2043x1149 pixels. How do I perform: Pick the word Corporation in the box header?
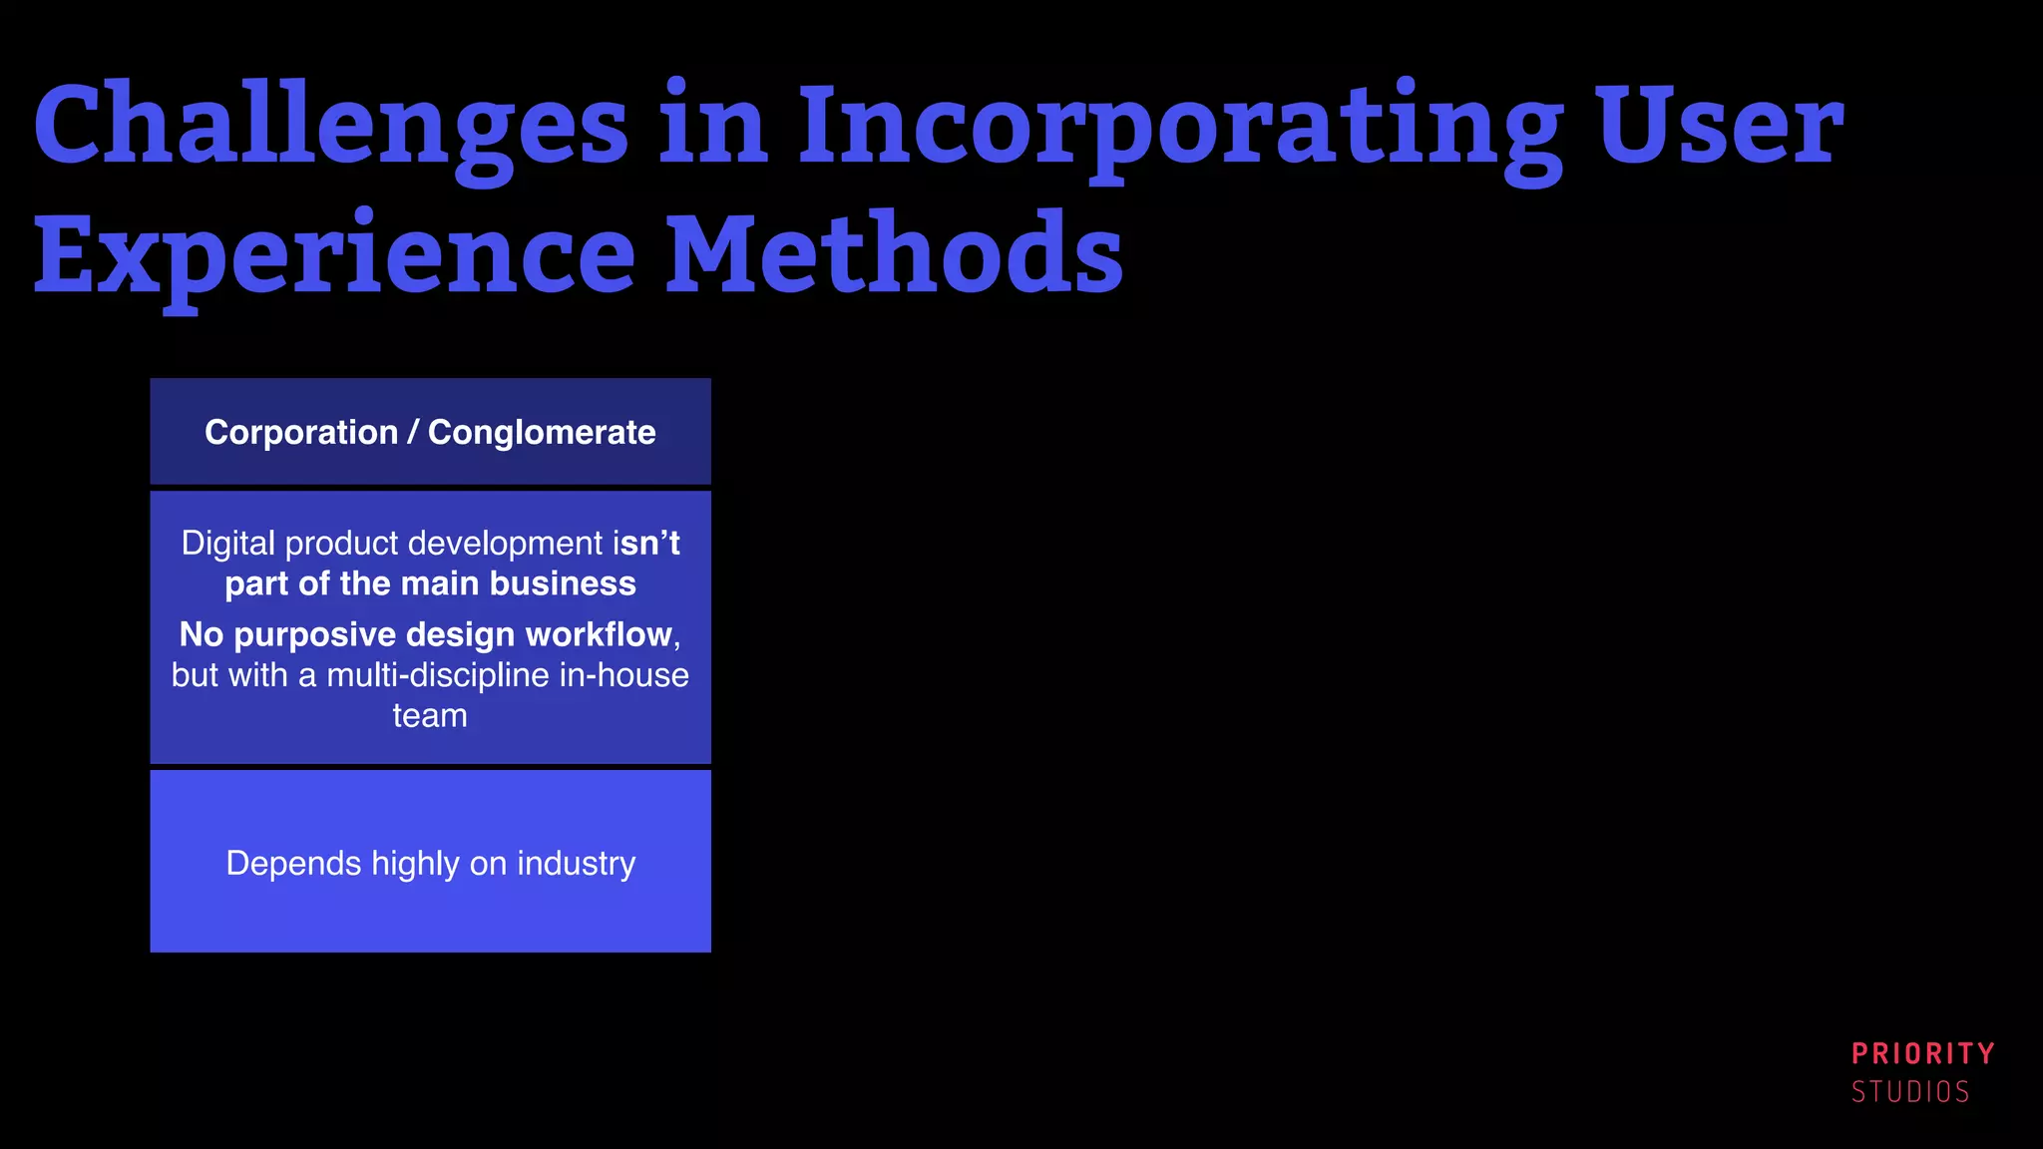301,433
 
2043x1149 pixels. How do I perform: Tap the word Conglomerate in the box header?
542,433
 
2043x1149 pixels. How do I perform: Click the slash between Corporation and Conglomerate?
413,433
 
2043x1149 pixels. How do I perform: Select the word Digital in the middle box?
227,544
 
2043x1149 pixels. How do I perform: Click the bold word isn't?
646,544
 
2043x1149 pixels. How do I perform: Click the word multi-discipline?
438,675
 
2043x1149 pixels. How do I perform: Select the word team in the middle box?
430,715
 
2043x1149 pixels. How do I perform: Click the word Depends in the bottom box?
293,863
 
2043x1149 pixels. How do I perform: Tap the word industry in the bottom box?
576,863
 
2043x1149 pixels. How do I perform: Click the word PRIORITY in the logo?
1922,1053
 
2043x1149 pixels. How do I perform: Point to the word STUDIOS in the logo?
1910,1092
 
